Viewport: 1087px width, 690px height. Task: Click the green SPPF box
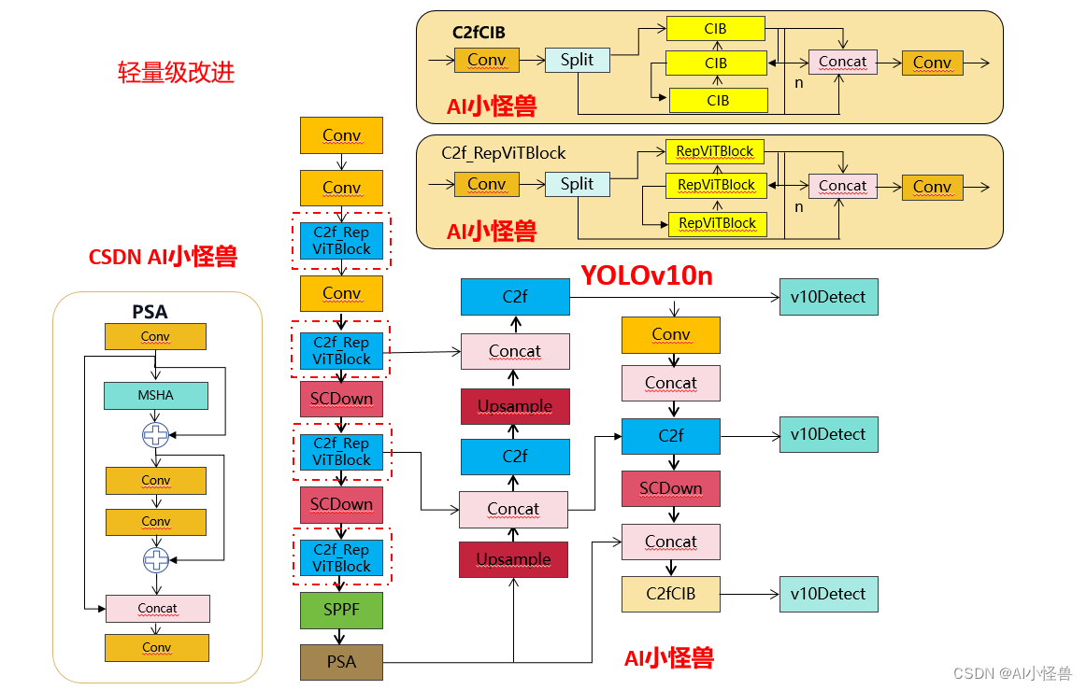point(341,610)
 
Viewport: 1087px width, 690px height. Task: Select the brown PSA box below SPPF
point(341,662)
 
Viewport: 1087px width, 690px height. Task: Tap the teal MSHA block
point(155,395)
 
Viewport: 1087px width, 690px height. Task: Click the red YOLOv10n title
point(646,275)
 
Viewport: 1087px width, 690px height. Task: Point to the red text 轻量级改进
point(176,73)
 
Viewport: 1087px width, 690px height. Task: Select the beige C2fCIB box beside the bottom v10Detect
point(670,594)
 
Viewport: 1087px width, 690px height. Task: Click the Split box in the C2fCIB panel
point(577,60)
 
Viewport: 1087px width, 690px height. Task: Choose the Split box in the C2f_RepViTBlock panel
point(577,184)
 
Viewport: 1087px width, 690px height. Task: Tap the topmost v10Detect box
point(828,297)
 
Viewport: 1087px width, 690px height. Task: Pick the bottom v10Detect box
point(828,594)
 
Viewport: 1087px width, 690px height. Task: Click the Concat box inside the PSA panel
point(157,608)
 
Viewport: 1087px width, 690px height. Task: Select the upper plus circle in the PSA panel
point(155,434)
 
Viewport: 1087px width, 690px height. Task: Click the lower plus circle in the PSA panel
point(155,560)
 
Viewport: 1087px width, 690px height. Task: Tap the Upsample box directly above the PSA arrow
point(513,559)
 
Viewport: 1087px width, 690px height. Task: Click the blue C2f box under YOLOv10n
point(515,297)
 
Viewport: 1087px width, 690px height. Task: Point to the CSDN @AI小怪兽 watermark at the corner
point(1011,673)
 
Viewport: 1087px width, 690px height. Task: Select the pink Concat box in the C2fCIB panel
point(842,62)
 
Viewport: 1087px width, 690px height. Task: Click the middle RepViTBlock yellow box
point(716,185)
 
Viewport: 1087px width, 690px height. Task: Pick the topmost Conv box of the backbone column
point(341,135)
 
